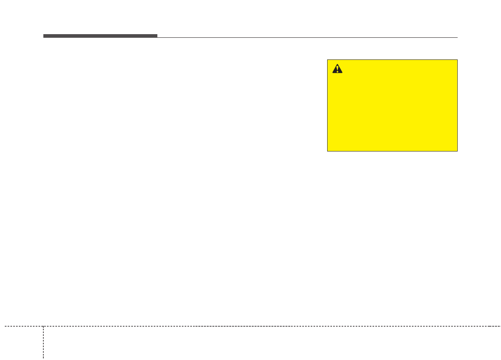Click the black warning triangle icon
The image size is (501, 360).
[x=338, y=69]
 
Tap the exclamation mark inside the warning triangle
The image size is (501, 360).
[x=338, y=70]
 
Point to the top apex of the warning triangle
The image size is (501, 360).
[x=338, y=65]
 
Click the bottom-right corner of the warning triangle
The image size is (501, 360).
[x=343, y=73]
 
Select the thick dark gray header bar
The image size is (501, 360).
[x=100, y=36]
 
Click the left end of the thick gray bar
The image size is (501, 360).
[x=44, y=36]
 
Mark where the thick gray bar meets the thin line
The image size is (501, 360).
[x=157, y=37]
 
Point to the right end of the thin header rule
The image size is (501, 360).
[x=457, y=37]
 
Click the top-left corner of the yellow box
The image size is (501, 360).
[x=328, y=60]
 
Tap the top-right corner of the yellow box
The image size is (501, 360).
[x=457, y=60]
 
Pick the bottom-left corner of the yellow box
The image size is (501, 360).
[x=328, y=151]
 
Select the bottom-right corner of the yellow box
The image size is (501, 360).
[x=457, y=151]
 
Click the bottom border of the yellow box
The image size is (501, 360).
[x=392, y=151]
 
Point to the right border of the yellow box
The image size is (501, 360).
[x=457, y=105]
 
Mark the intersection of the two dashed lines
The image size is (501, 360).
[x=43, y=326]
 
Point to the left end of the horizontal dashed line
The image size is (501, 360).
[x=5, y=326]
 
